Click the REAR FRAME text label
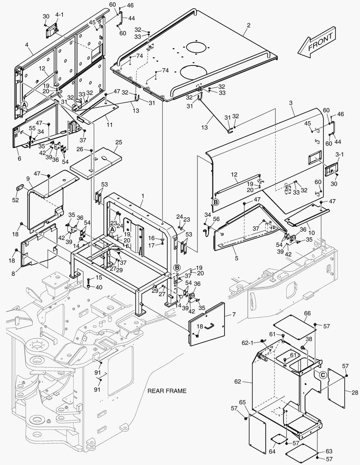167,391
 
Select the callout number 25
119,142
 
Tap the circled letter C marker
322,375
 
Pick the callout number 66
307,313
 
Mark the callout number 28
354,392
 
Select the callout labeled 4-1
59,15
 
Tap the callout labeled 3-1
339,154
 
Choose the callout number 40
99,287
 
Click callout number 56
217,219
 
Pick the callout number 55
32,128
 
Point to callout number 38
309,339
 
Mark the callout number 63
329,451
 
